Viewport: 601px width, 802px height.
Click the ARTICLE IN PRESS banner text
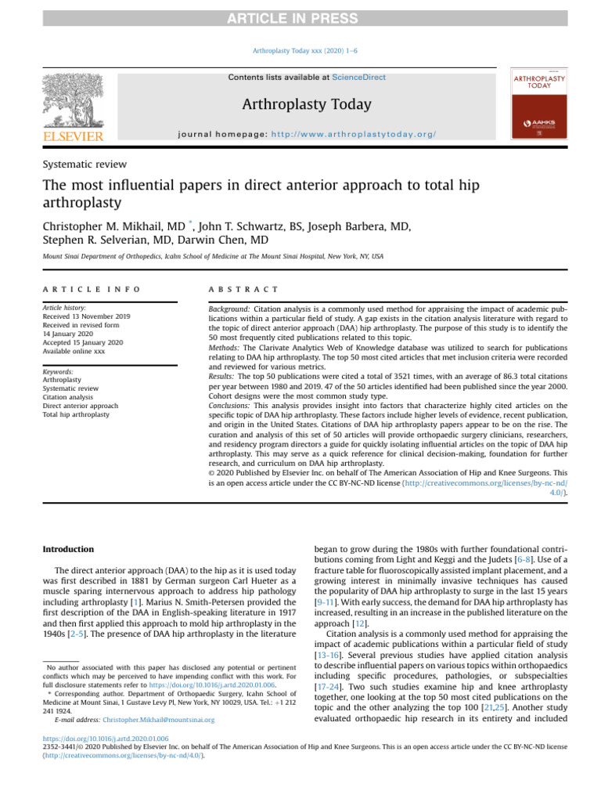[300, 19]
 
